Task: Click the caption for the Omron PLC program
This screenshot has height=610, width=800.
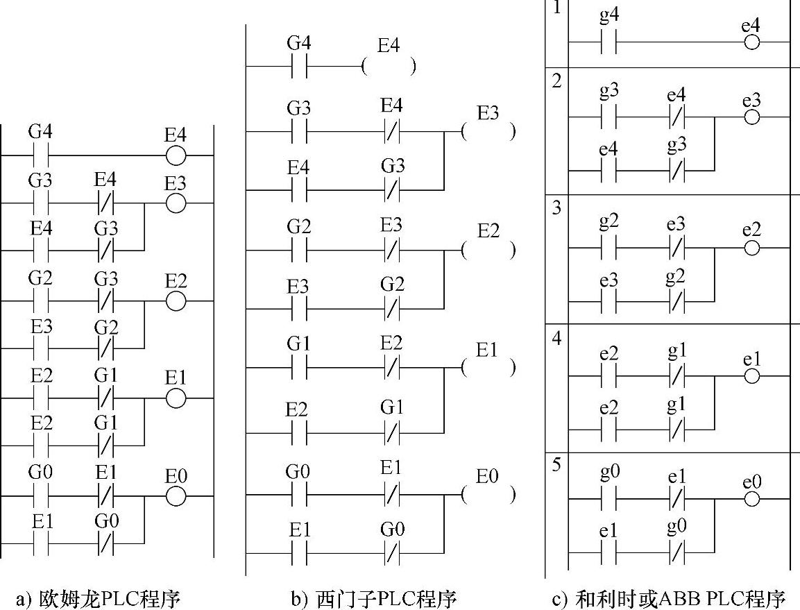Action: point(98,598)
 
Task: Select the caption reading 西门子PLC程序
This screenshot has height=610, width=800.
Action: point(374,598)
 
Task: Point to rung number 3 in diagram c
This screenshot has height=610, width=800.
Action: point(556,207)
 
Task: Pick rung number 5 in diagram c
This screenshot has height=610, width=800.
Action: point(556,465)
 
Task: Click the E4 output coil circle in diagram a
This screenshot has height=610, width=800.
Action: point(176,155)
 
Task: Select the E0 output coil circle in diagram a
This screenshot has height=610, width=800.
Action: point(176,496)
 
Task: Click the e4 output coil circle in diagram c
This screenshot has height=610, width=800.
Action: point(751,42)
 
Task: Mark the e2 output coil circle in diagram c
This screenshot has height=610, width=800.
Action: point(751,248)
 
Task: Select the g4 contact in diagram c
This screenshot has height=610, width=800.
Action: point(608,42)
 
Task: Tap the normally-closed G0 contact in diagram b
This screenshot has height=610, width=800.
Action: point(392,553)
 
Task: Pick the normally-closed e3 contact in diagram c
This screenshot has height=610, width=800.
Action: point(676,248)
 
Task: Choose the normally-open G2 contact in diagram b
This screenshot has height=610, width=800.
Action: point(300,250)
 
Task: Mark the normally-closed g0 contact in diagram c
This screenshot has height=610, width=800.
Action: point(676,552)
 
